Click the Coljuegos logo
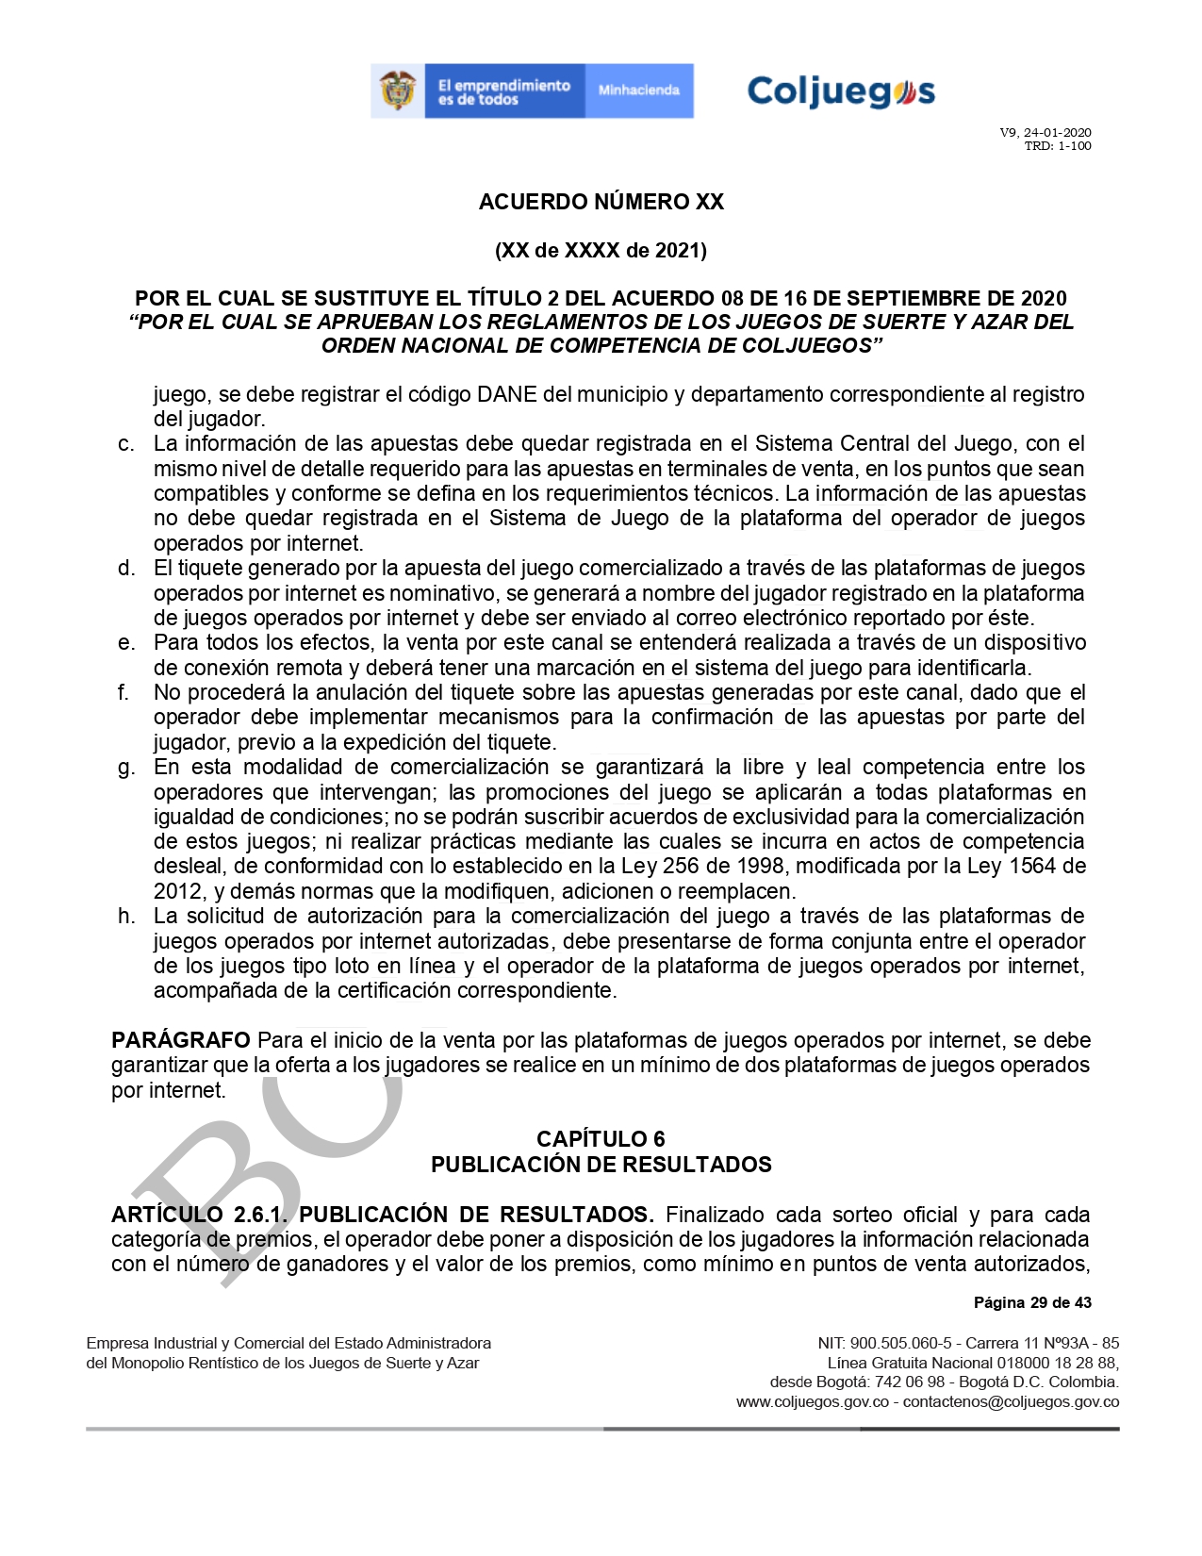point(840,92)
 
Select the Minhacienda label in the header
point(638,91)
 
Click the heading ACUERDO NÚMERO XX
point(601,202)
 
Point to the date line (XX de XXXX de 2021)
point(601,250)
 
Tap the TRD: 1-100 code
point(1057,146)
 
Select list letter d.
point(125,568)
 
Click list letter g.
point(125,767)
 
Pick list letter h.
point(125,916)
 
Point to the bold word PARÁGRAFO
point(180,1040)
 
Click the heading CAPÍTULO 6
point(601,1139)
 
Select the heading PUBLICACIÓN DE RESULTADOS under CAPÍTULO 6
point(601,1165)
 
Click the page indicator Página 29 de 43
point(1032,1302)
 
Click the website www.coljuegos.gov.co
point(812,1401)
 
